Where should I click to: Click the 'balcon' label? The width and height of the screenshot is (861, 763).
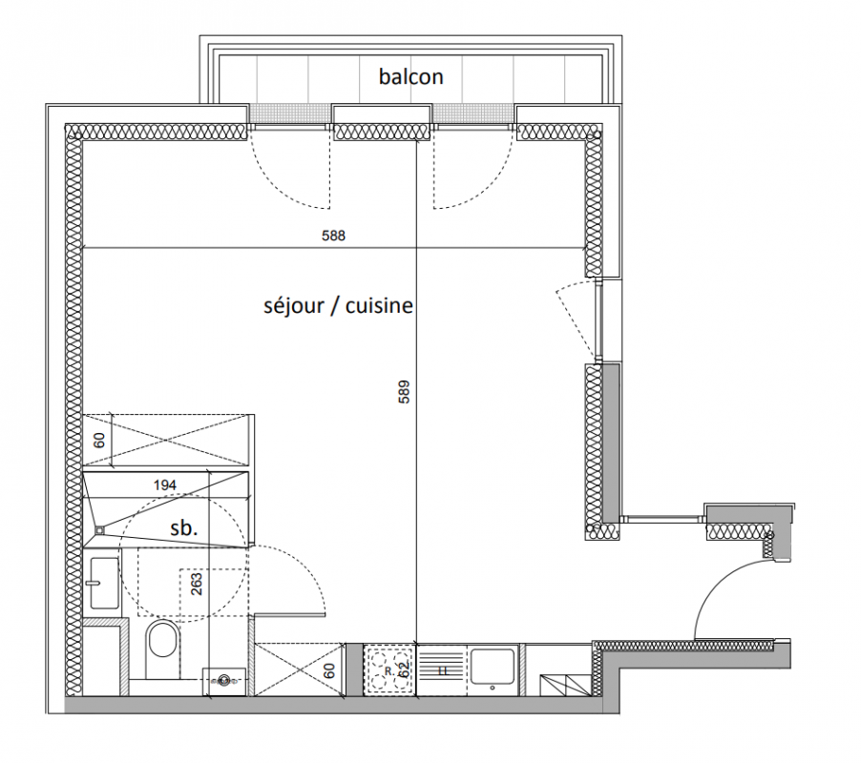click(x=410, y=77)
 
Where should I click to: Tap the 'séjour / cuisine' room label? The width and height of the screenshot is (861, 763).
click(x=338, y=305)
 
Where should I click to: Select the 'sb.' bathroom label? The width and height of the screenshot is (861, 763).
click(x=183, y=528)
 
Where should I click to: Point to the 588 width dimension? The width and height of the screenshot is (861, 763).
click(x=333, y=236)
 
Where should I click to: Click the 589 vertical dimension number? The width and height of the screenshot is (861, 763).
click(x=404, y=392)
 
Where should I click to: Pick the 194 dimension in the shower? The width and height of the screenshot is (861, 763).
click(x=165, y=485)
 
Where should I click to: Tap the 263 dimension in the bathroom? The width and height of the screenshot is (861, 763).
click(x=198, y=585)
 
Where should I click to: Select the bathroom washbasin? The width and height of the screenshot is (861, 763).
click(x=104, y=583)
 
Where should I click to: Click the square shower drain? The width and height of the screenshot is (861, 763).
click(x=99, y=530)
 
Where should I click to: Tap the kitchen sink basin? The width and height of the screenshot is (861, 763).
click(x=493, y=667)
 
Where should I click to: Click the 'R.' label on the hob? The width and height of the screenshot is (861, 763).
click(x=388, y=670)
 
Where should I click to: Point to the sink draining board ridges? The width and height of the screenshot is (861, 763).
click(x=442, y=670)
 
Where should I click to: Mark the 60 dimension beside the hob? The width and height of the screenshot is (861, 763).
click(x=329, y=670)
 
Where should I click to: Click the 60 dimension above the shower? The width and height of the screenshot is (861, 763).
click(x=99, y=441)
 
